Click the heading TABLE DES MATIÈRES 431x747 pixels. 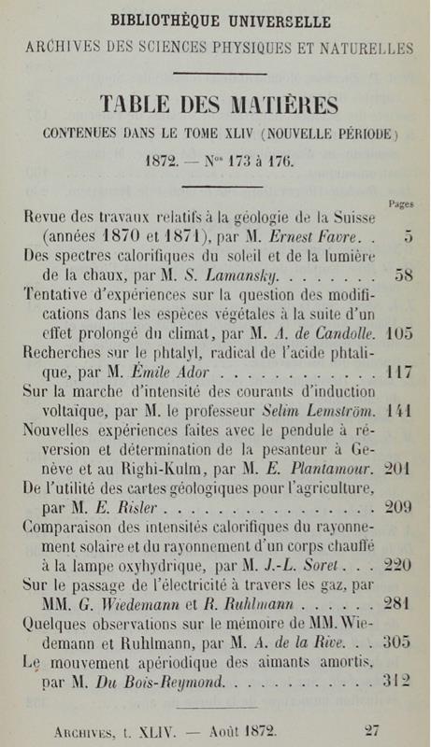coord(217,102)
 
